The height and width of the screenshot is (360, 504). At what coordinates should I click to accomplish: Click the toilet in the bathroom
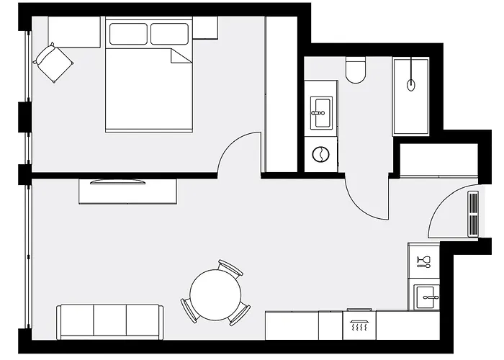[355, 71]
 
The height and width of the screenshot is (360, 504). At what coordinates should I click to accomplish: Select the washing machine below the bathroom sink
[320, 154]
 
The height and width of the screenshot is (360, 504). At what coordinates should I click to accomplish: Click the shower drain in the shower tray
[411, 84]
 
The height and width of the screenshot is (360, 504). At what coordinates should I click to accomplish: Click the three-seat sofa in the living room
[110, 321]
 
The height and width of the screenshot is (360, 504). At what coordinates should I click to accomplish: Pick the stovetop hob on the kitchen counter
[359, 325]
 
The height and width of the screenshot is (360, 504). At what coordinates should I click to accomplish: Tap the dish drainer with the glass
[424, 260]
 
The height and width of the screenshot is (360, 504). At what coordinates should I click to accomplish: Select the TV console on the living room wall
[128, 192]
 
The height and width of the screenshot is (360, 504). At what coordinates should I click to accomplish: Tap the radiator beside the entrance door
[473, 213]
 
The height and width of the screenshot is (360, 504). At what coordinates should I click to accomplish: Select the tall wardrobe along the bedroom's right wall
[281, 94]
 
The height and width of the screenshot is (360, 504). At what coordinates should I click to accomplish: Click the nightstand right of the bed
[205, 27]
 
